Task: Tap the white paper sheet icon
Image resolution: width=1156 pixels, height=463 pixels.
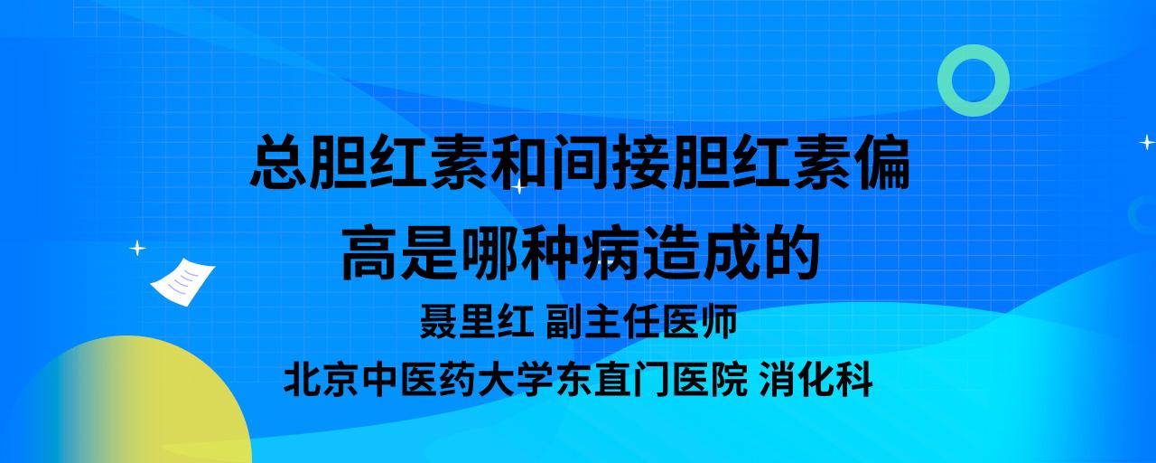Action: (182, 281)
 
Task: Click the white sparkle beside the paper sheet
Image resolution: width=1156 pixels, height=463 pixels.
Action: (137, 249)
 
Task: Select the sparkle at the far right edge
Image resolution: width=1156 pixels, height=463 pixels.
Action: (1147, 142)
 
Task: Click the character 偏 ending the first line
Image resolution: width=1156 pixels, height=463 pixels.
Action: (881, 161)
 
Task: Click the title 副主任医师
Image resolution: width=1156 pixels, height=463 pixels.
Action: (641, 321)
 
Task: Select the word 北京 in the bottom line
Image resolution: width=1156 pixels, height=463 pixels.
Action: (322, 380)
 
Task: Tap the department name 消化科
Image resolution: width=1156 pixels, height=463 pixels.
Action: (816, 380)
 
